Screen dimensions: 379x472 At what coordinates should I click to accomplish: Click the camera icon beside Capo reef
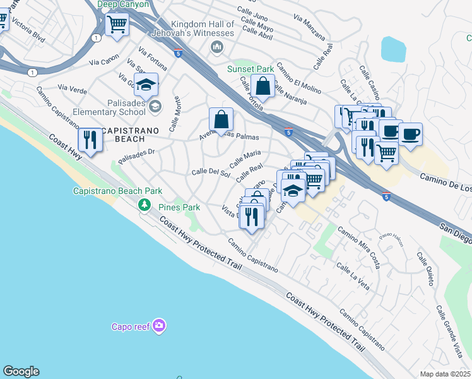coord(160,326)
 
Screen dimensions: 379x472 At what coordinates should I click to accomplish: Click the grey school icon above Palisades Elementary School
coord(155,105)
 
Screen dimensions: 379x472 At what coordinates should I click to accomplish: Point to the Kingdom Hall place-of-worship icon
coord(218,47)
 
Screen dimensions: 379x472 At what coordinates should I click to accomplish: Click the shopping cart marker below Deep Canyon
coord(117,25)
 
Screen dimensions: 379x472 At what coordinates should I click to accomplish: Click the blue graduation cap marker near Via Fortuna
coord(146,85)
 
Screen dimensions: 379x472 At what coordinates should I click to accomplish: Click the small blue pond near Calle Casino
coord(394,49)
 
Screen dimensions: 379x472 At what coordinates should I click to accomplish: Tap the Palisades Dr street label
coord(136,153)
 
